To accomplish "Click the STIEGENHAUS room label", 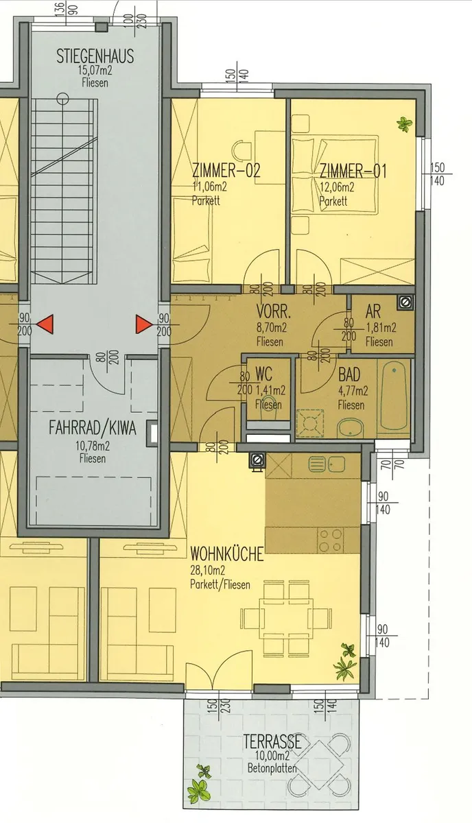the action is click(95, 56).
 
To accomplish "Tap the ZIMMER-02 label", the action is click(226, 171).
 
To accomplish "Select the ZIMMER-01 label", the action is click(353, 171).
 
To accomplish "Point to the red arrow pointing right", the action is click(144, 324).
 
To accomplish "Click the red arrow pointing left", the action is click(45, 324).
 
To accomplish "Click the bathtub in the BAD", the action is click(393, 396).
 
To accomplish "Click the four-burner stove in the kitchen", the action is click(331, 540).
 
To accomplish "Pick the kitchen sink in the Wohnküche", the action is click(327, 465).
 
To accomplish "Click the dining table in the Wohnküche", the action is click(286, 619).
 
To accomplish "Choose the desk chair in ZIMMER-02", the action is click(241, 150).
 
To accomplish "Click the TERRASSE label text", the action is click(272, 741).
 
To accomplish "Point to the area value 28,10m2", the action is click(208, 570).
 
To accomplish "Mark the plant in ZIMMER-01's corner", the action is click(404, 124).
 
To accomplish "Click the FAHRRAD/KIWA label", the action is click(93, 429).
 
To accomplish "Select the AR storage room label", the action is click(373, 312).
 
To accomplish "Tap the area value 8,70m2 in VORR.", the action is click(272, 327).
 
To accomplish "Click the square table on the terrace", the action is click(320, 765).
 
